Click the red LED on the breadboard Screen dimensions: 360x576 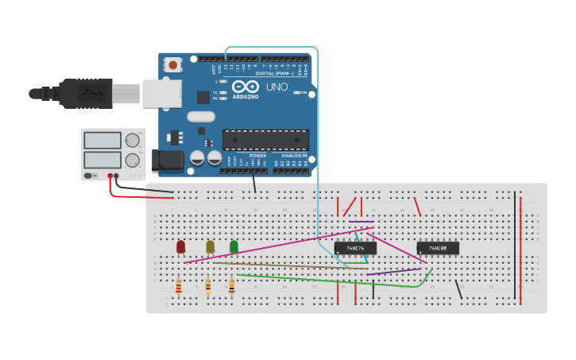coord(180,247)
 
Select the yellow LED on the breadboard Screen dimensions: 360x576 coord(210,247)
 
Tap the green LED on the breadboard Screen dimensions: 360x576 coord(234,247)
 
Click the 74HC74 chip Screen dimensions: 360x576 coord(355,248)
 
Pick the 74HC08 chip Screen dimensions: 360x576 coord(438,248)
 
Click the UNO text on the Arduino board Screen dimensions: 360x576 coord(276,87)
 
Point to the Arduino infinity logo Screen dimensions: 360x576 coord(245,86)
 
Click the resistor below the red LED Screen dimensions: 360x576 coord(179,286)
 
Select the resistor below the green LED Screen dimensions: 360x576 coord(232,286)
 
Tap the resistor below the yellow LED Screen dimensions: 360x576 coord(208,286)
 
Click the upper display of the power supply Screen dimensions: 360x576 coord(102,141)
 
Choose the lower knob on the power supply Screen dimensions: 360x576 coord(132,161)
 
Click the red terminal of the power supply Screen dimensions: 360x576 coord(110,176)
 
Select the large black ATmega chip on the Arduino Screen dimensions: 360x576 coord(265,140)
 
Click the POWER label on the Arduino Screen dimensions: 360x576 coord(257,156)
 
